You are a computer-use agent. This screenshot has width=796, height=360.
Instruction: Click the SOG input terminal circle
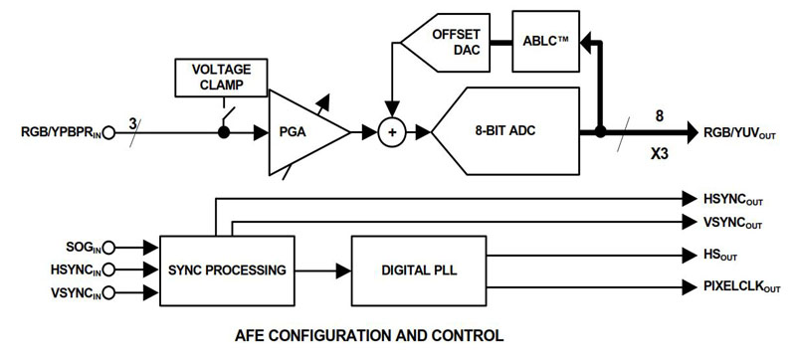pyautogui.click(x=108, y=247)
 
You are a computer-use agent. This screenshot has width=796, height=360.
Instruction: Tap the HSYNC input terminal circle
pyautogui.click(x=108, y=270)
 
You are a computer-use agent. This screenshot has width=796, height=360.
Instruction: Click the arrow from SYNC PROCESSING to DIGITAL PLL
pyautogui.click(x=324, y=270)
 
